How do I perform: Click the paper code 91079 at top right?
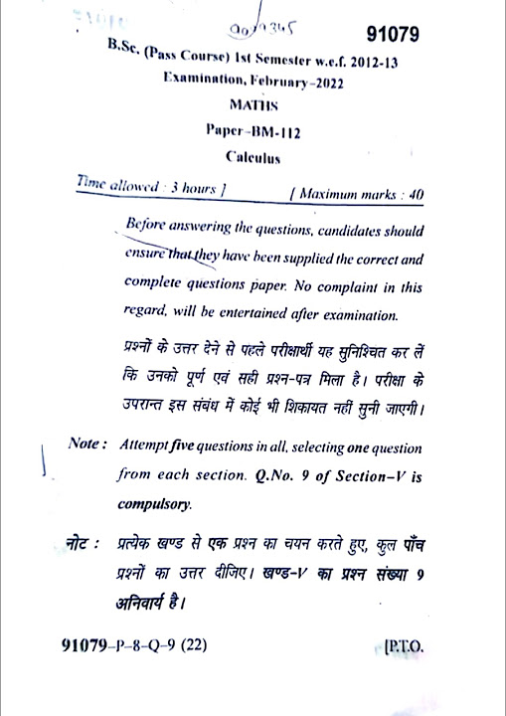393,35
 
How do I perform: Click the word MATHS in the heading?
253,104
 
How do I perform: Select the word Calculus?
253,156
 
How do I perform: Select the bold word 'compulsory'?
154,504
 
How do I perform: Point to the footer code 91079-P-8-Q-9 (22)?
133,647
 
